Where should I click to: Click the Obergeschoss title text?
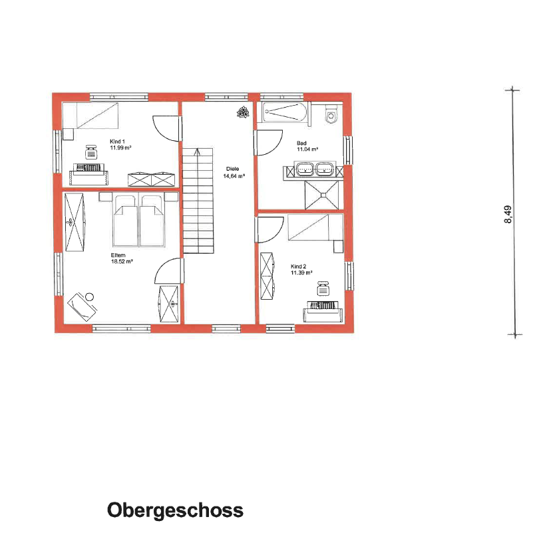click(175, 510)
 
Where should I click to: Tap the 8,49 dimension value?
click(508, 215)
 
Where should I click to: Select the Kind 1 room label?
click(117, 141)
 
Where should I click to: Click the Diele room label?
click(232, 168)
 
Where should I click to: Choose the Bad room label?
click(301, 143)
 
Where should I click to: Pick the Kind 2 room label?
click(298, 265)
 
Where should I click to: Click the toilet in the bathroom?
click(332, 116)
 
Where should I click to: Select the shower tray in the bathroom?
click(323, 194)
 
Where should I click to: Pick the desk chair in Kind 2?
click(323, 288)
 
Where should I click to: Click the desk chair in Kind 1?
click(90, 153)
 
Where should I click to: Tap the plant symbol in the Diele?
click(240, 112)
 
